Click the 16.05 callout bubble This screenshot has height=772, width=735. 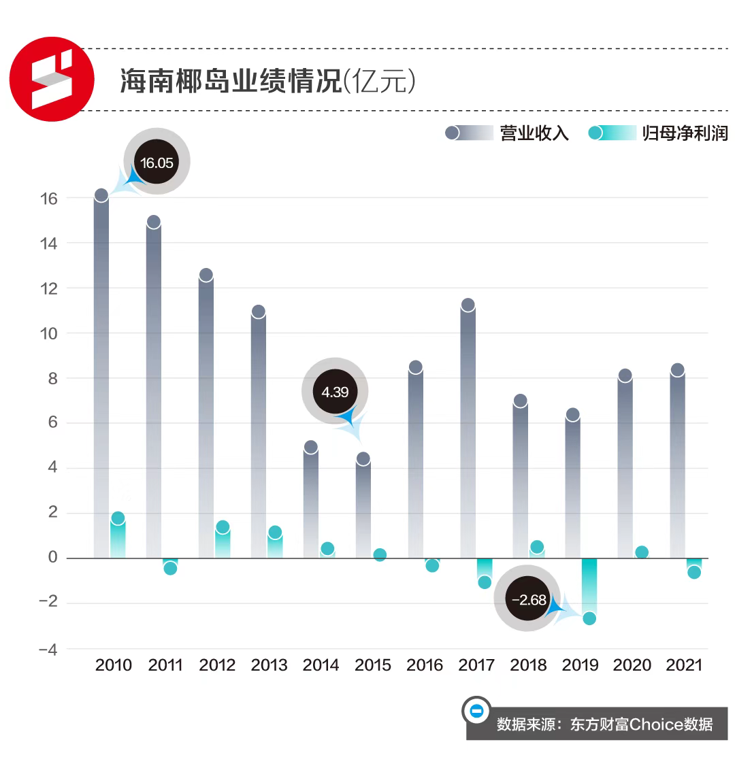pyautogui.click(x=157, y=163)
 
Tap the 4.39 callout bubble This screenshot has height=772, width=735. pyautogui.click(x=335, y=392)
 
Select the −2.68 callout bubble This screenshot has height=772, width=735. pyautogui.click(x=529, y=600)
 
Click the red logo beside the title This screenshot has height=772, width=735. pyautogui.click(x=52, y=79)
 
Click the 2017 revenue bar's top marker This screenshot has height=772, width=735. pyautogui.click(x=468, y=305)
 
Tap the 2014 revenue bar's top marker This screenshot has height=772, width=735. pyautogui.click(x=310, y=447)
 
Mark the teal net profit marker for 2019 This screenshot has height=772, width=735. pyautogui.click(x=589, y=618)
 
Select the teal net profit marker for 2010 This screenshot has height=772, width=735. pyautogui.click(x=118, y=518)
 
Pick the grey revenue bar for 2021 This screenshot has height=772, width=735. pyautogui.click(x=676, y=463)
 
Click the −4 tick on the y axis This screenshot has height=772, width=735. pyautogui.click(x=48, y=650)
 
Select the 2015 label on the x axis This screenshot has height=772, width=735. pyautogui.click(x=373, y=665)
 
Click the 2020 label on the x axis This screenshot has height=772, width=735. pyautogui.click(x=632, y=665)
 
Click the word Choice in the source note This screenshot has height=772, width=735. pyautogui.click(x=657, y=724)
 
